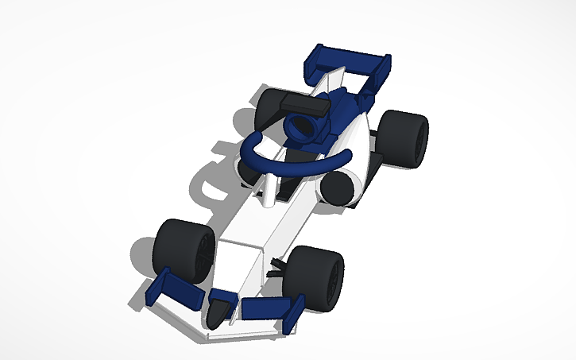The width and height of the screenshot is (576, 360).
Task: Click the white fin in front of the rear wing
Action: (334, 79)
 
